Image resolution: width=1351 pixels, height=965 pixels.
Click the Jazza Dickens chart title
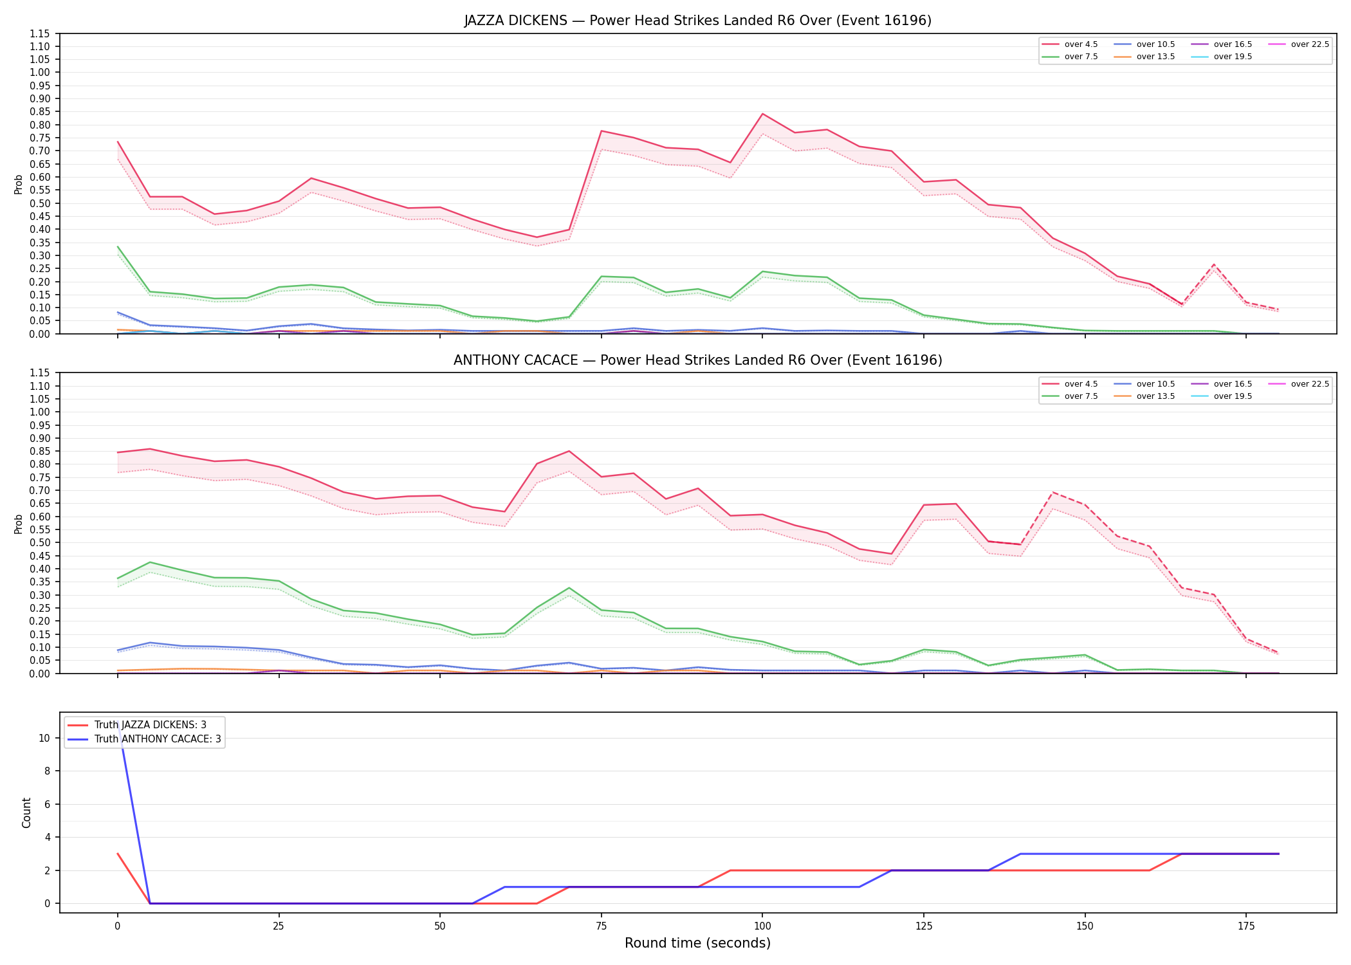(x=697, y=21)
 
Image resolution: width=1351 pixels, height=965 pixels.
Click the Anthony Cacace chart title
(x=697, y=360)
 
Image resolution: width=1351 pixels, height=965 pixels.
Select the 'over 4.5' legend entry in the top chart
(x=1070, y=44)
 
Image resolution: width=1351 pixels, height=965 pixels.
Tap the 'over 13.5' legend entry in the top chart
(x=1144, y=57)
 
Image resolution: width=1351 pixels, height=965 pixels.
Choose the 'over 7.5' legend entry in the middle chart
(x=1070, y=396)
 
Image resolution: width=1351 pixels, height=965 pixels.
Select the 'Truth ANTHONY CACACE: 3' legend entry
(x=144, y=739)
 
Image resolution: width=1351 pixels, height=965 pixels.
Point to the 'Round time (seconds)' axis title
(x=697, y=943)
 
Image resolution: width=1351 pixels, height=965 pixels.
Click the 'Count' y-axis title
(x=26, y=813)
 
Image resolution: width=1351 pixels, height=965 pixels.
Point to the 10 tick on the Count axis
(x=44, y=738)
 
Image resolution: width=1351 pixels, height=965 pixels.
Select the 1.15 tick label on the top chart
(x=40, y=33)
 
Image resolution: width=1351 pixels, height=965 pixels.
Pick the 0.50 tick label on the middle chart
(x=40, y=543)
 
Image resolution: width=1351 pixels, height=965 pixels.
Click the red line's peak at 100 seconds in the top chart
(x=762, y=114)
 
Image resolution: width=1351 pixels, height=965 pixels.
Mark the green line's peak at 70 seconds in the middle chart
(x=569, y=588)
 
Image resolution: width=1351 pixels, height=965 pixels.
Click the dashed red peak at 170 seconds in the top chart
(x=1214, y=264)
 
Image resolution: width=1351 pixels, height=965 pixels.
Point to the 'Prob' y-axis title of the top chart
(x=19, y=184)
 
